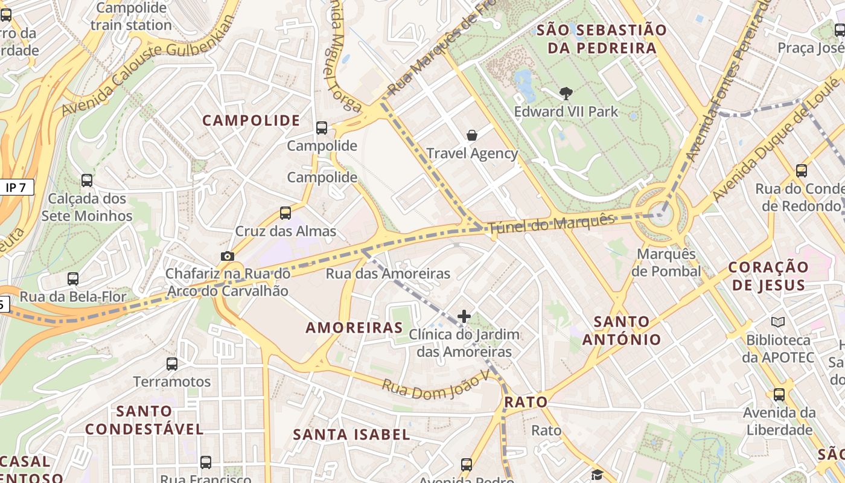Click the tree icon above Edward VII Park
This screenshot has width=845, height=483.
(x=566, y=94)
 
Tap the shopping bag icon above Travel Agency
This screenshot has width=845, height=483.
(x=472, y=135)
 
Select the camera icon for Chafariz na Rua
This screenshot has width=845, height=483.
(x=227, y=256)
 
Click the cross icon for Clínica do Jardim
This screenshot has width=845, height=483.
(x=464, y=316)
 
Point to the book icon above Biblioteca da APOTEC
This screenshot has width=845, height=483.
(x=777, y=322)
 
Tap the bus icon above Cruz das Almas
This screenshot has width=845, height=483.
(x=285, y=213)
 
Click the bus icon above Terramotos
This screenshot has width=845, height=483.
(x=172, y=364)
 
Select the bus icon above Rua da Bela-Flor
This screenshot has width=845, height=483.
(x=73, y=279)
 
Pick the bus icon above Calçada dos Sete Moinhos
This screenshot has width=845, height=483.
(x=87, y=181)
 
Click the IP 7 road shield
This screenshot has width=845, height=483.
(x=16, y=188)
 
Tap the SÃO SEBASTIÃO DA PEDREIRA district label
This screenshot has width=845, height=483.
(x=601, y=39)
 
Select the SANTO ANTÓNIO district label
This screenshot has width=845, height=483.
(x=621, y=330)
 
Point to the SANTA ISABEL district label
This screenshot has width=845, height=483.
(x=351, y=434)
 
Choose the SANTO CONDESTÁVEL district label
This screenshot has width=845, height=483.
(x=144, y=420)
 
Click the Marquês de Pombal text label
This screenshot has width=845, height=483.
(x=666, y=263)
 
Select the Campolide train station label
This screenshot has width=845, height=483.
(x=131, y=16)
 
